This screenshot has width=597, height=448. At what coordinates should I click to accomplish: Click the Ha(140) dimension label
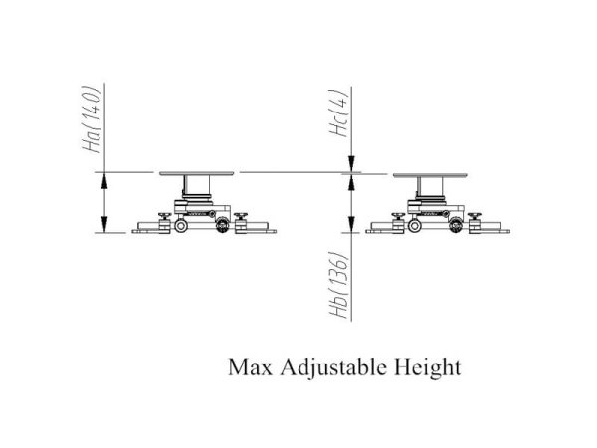coord(92,119)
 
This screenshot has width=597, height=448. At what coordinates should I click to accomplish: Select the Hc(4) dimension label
coord(339,112)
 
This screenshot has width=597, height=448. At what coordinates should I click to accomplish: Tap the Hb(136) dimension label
coord(339,284)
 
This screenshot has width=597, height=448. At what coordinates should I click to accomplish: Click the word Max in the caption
coord(250,368)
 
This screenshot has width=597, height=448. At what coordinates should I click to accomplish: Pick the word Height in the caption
coord(427,368)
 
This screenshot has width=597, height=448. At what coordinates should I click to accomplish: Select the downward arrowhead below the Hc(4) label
coord(351,164)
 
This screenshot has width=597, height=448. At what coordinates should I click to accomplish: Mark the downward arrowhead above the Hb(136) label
coord(351,224)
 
